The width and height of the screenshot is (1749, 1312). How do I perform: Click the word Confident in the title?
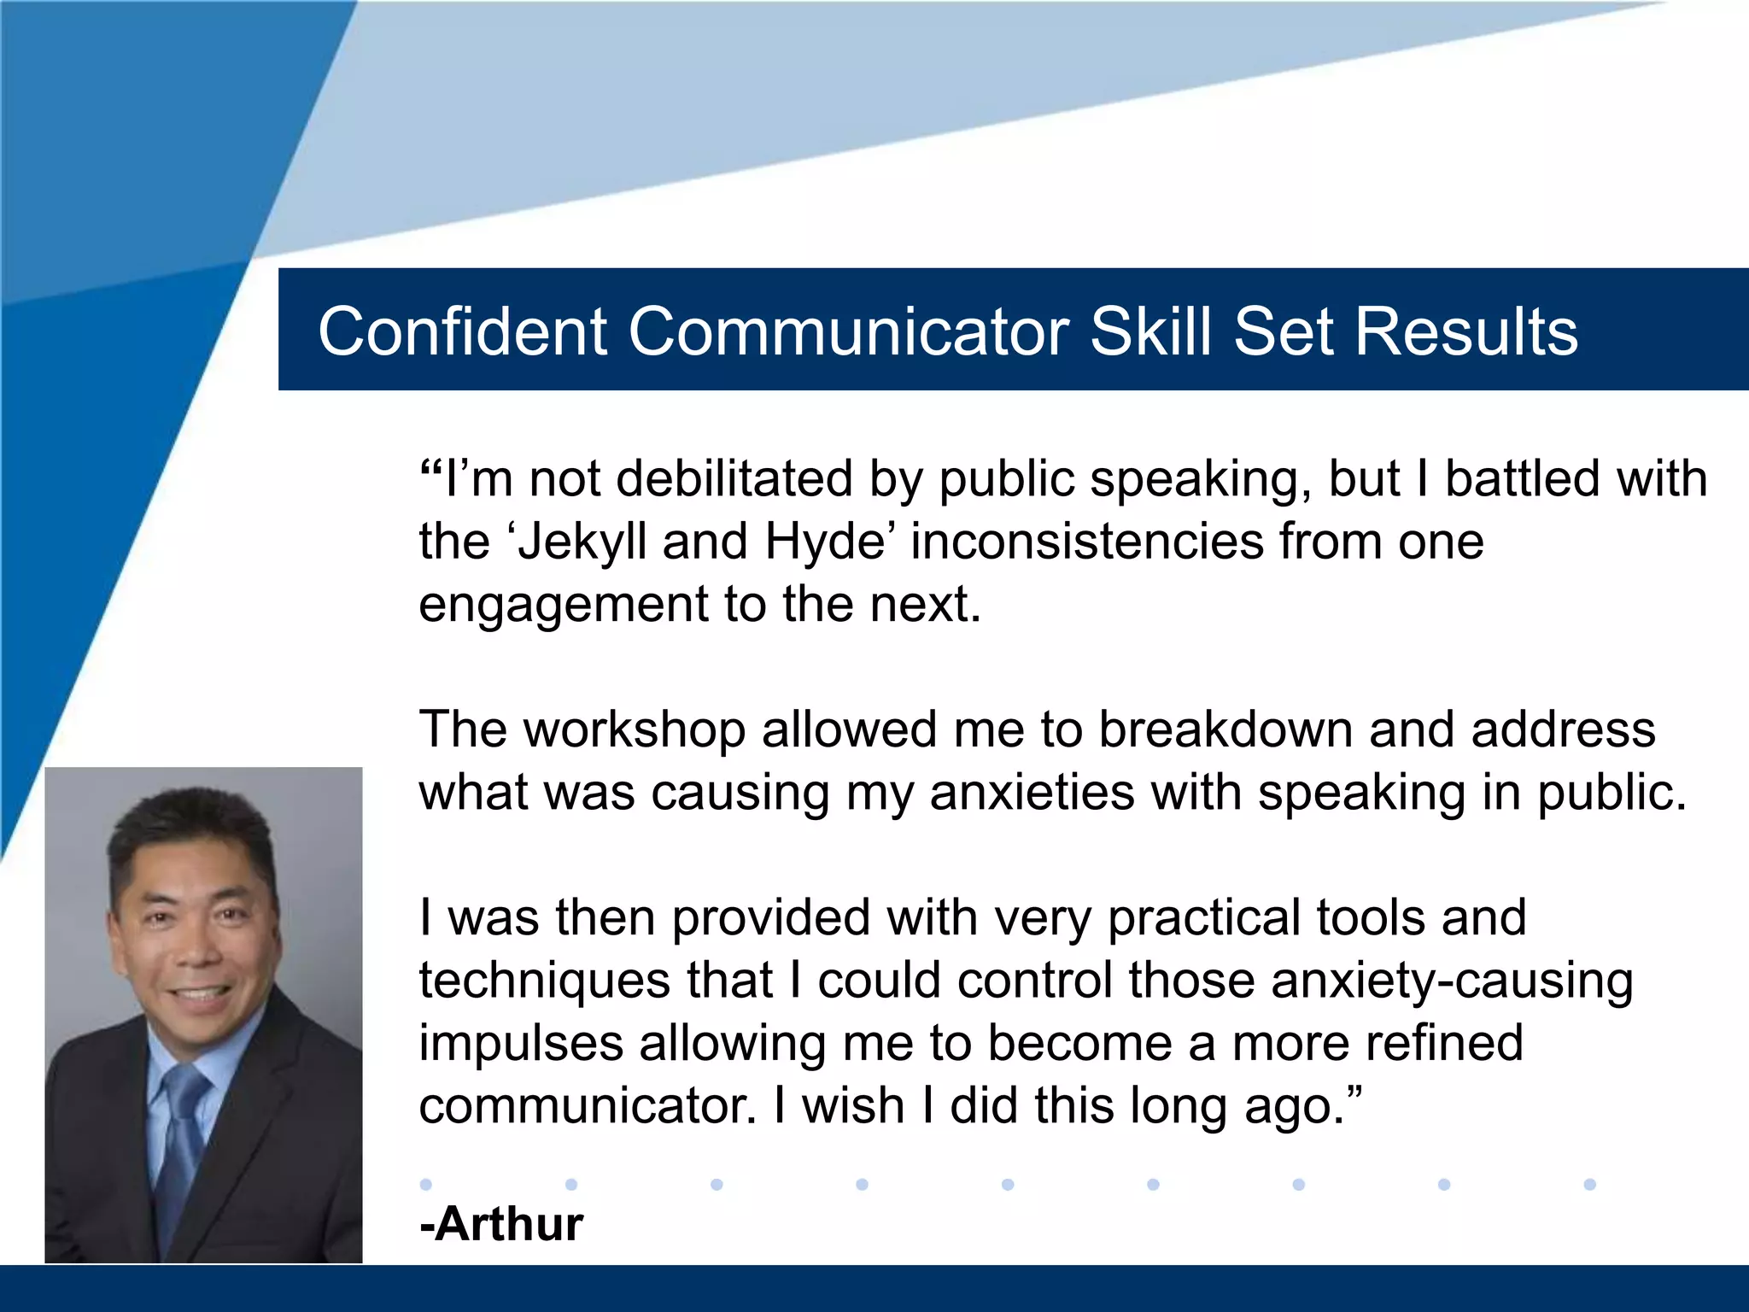pyautogui.click(x=462, y=331)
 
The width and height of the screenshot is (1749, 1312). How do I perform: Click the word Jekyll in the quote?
pyautogui.click(x=582, y=542)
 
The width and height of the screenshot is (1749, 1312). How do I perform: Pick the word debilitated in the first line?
pyautogui.click(x=734, y=478)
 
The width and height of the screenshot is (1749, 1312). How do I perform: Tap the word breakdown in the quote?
pyautogui.click(x=1225, y=729)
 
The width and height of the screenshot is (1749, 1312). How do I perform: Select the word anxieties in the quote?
pyautogui.click(x=1032, y=793)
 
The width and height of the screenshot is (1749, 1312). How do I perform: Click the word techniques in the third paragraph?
pyautogui.click(x=544, y=981)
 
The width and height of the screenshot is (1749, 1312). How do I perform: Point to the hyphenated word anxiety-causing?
pyautogui.click(x=1452, y=981)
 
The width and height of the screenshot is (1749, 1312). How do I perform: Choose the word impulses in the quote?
pyautogui.click(x=521, y=1044)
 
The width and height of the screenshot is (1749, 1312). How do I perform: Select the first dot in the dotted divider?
pyautogui.click(x=426, y=1184)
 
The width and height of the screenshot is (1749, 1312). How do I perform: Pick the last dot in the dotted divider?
pyautogui.click(x=1589, y=1184)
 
